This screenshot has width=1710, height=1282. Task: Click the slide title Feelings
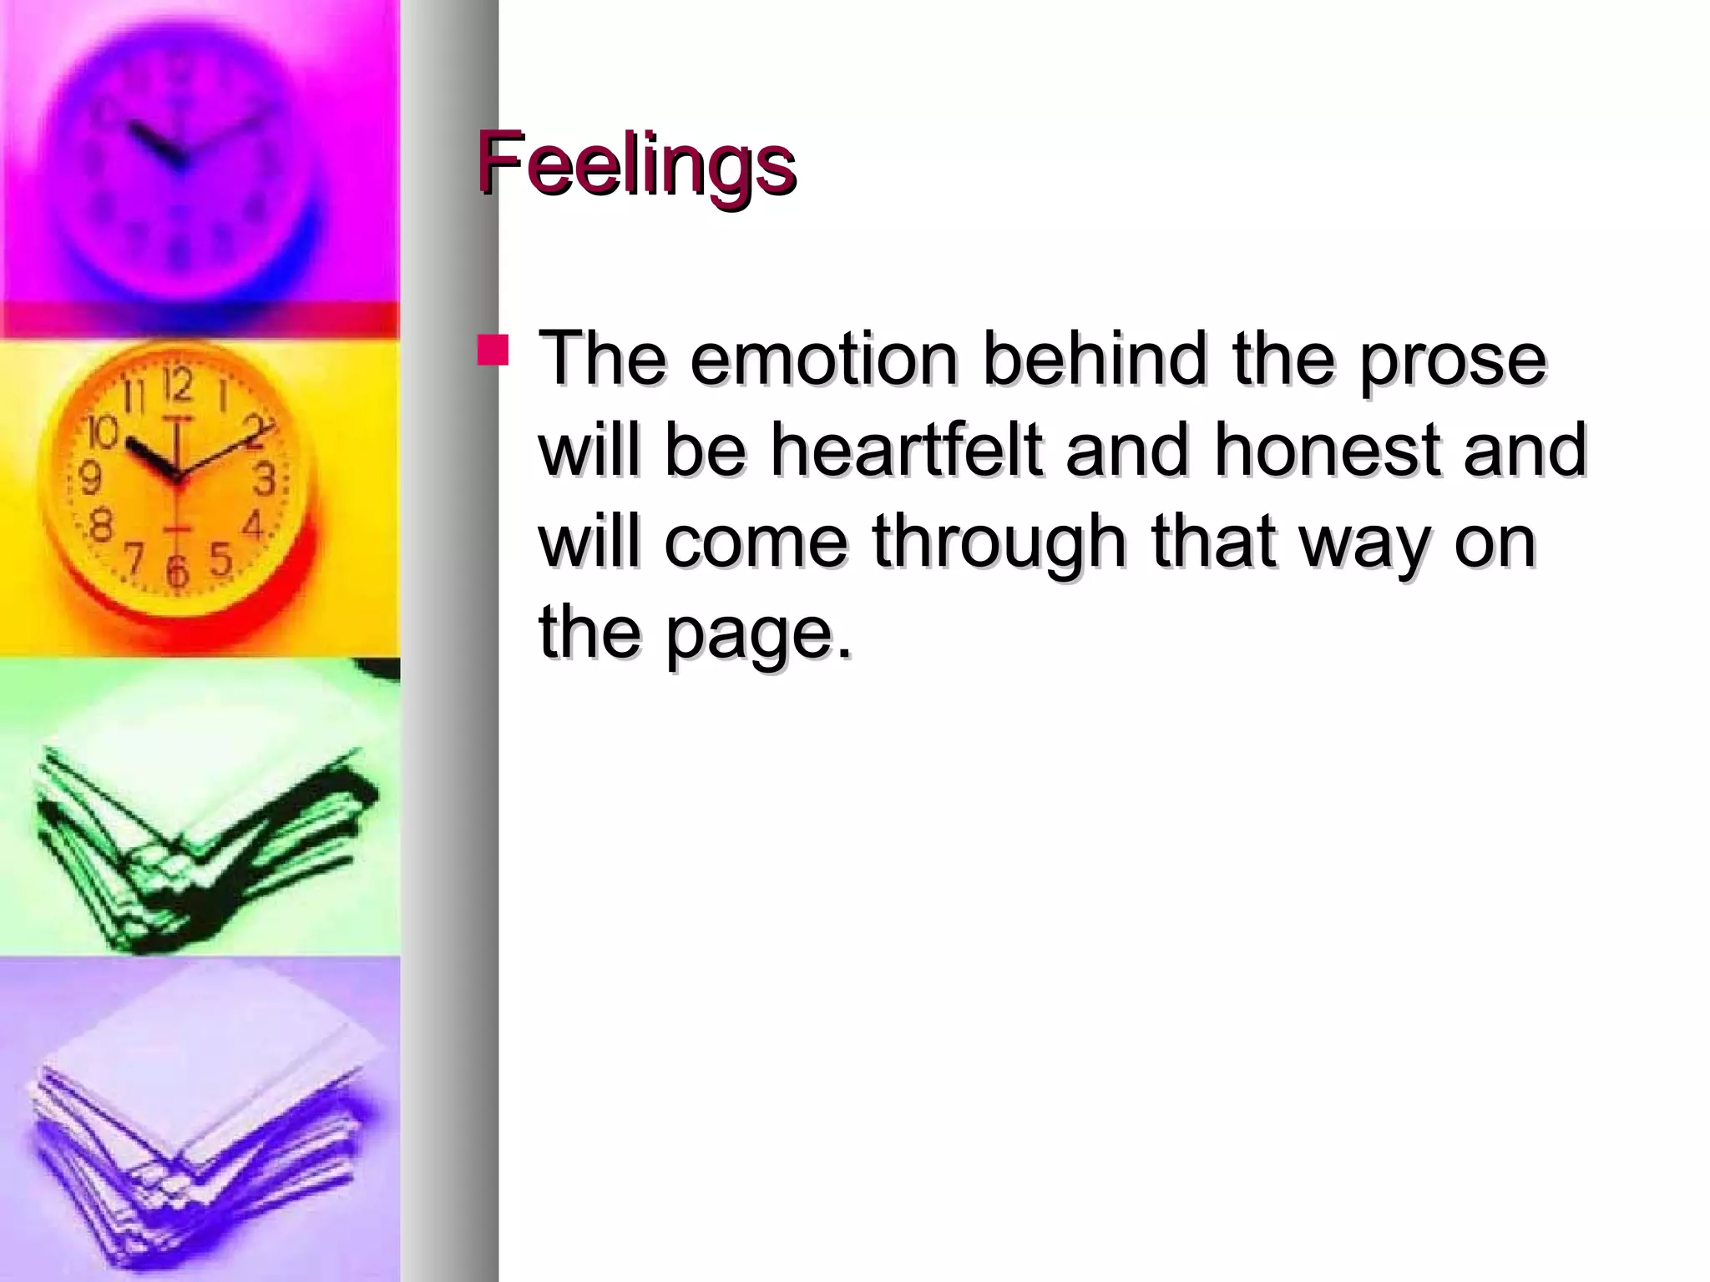pyautogui.click(x=636, y=164)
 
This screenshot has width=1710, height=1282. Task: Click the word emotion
pyautogui.click(x=823, y=360)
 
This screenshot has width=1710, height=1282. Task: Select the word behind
pyautogui.click(x=1095, y=360)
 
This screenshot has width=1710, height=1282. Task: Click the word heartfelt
pyautogui.click(x=905, y=451)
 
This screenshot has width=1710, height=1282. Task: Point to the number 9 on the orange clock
pyautogui.click(x=89, y=478)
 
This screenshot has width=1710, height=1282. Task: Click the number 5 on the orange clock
pyautogui.click(x=220, y=558)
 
